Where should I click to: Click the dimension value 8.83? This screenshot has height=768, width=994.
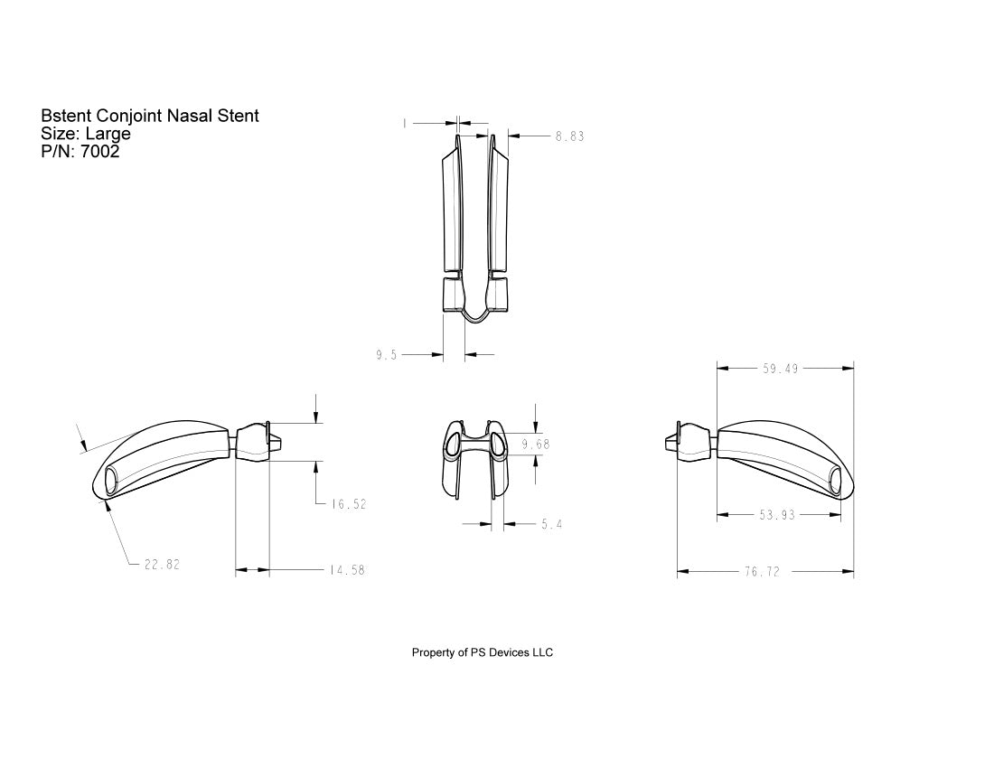coord(569,136)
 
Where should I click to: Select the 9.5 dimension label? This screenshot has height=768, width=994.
coord(387,356)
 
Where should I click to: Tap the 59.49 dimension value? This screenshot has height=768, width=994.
coord(780,369)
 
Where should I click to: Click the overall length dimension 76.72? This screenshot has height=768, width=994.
coord(762,572)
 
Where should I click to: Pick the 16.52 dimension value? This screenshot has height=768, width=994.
coord(348,505)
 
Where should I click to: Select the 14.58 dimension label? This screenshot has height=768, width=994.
coord(347,571)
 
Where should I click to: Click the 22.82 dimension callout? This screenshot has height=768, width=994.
coord(162,565)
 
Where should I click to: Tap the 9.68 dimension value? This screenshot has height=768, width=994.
coord(536,444)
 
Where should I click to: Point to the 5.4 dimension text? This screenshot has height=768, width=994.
coord(552,524)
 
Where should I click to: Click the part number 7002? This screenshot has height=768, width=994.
coord(99,152)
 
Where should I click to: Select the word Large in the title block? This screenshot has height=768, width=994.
coord(108,134)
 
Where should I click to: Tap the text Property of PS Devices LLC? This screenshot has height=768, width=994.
coord(482,652)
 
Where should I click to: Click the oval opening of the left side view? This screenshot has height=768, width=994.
coord(110,480)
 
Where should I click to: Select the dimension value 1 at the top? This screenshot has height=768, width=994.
coord(404,124)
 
